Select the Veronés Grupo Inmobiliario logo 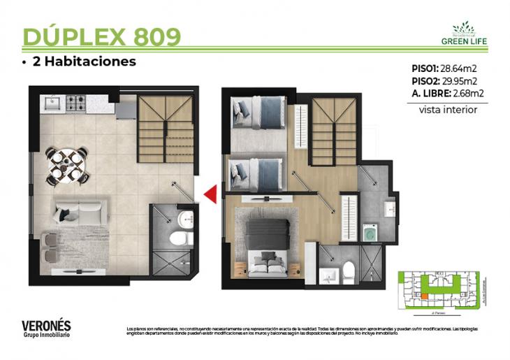(x=46, y=328)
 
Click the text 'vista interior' (x=448, y=110)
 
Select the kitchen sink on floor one (x=52, y=104)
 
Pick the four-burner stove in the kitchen (x=75, y=105)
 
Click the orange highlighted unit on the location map (x=423, y=296)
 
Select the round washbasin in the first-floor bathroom (x=184, y=218)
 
